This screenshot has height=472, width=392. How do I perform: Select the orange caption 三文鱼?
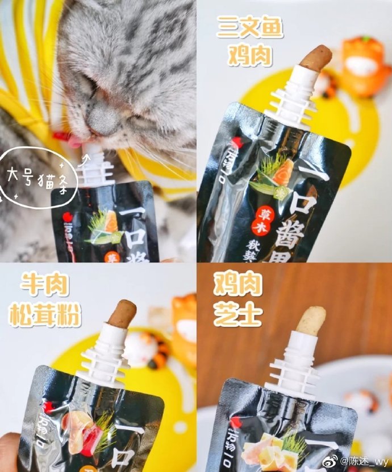click(x=249, y=27)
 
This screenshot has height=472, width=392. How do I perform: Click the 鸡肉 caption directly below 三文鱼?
click(x=249, y=55)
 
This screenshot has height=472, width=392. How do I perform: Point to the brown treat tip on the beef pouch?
click(x=123, y=314)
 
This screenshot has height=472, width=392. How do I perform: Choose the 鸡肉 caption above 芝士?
click(x=237, y=285)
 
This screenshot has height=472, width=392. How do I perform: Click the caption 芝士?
click(x=237, y=315)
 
